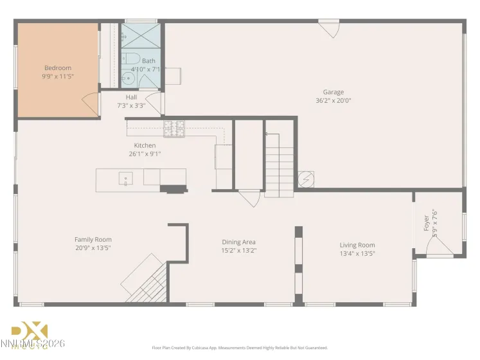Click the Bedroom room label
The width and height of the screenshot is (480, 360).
58,68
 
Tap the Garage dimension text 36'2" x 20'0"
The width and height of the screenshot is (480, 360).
333,100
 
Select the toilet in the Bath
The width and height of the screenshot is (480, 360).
130,59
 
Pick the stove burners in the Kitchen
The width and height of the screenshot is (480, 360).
173,129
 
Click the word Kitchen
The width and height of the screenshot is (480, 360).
145,145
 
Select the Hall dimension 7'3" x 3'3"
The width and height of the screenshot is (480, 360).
131,105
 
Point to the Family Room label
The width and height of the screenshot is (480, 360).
93,240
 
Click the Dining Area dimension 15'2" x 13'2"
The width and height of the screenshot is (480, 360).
239,251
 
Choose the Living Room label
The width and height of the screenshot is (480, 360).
357,245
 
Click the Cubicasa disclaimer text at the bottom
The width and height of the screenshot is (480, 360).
240,348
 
